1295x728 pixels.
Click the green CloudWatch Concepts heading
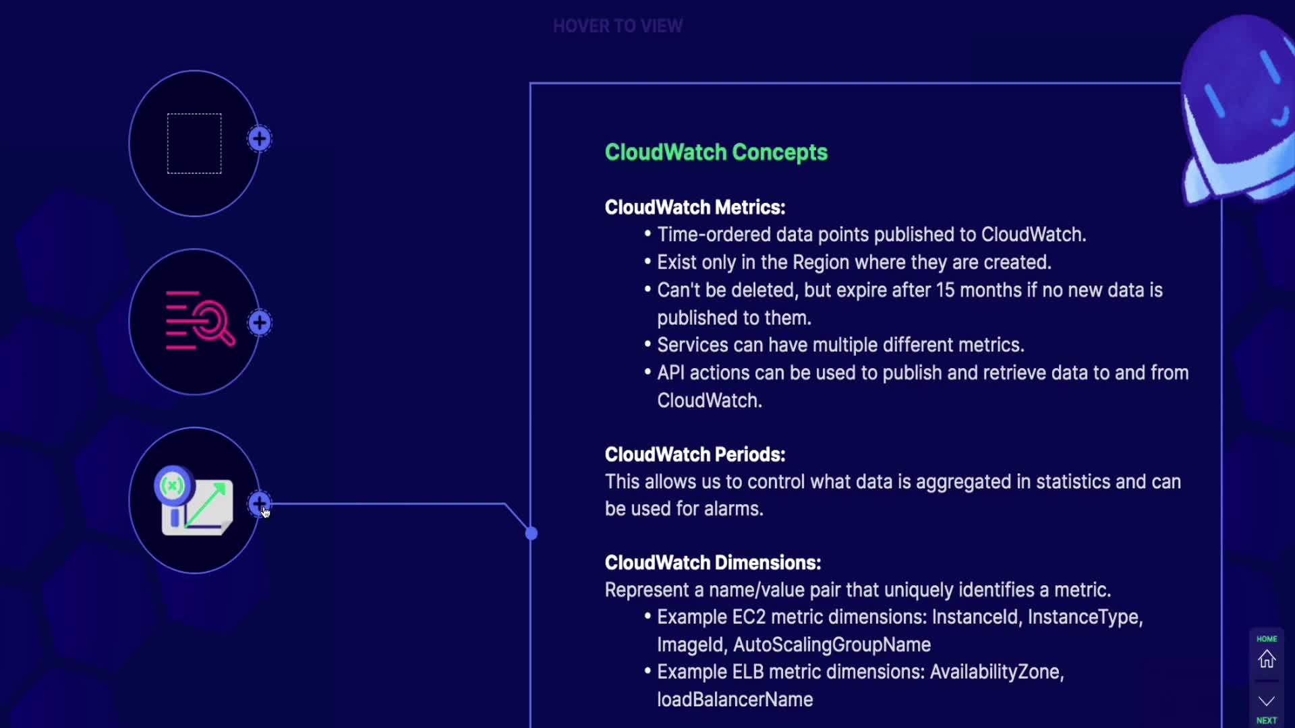pyautogui.click(x=716, y=152)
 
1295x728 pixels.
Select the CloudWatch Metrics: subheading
pyautogui.click(x=695, y=207)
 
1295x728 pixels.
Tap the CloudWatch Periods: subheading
pyautogui.click(x=695, y=454)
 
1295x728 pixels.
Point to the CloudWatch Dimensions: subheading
pyautogui.click(x=712, y=563)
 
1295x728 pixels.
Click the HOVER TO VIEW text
pyautogui.click(x=617, y=26)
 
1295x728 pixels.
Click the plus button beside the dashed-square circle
pyautogui.click(x=260, y=140)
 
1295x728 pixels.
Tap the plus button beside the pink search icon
pyautogui.click(x=260, y=323)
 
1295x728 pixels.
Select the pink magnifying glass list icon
pyautogui.click(x=200, y=321)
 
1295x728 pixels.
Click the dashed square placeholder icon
pyautogui.click(x=194, y=144)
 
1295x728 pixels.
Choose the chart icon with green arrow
pyautogui.click(x=196, y=502)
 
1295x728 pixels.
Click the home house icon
pyautogui.click(x=1267, y=659)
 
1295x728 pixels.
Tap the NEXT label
pyautogui.click(x=1267, y=721)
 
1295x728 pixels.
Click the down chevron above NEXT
pyautogui.click(x=1267, y=701)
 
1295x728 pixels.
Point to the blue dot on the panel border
pyautogui.click(x=531, y=534)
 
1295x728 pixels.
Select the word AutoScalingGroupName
pyautogui.click(x=832, y=645)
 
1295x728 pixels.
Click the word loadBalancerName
pyautogui.click(x=735, y=700)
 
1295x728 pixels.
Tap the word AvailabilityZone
pyautogui.click(x=996, y=672)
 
